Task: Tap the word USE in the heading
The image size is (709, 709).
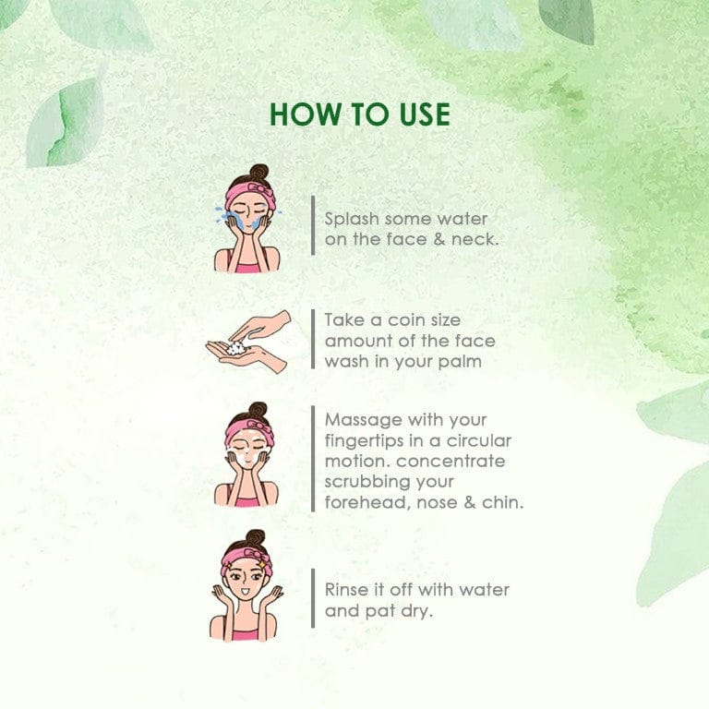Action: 426,114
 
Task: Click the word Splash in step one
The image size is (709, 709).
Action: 352,220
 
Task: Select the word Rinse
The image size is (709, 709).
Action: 342,590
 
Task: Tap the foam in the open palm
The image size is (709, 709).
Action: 236,348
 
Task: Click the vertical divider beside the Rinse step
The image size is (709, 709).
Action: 313,598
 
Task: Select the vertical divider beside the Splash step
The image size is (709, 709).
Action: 313,225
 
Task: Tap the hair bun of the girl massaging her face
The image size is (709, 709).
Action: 258,410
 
